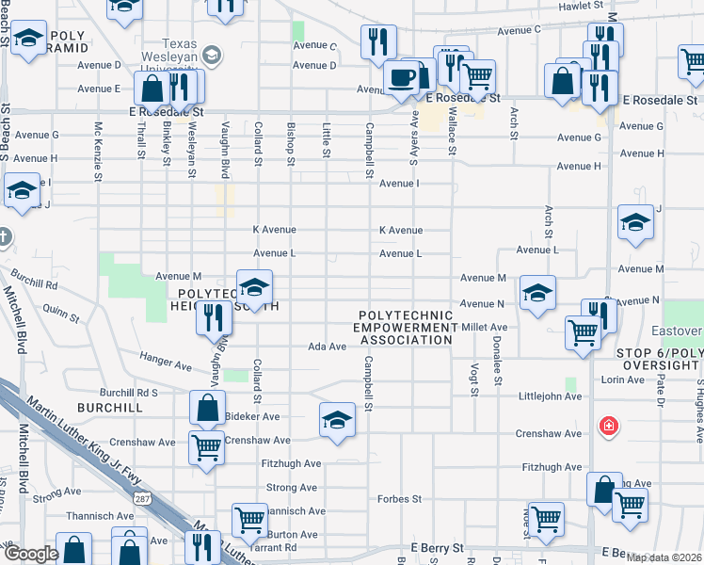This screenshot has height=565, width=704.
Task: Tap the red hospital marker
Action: pyautogui.click(x=610, y=428)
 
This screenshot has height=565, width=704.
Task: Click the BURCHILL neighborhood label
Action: pyautogui.click(x=111, y=408)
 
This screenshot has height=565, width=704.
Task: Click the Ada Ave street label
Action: pyautogui.click(x=328, y=347)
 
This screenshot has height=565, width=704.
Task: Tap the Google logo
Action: pyautogui.click(x=31, y=554)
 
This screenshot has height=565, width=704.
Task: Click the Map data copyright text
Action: pyautogui.click(x=664, y=557)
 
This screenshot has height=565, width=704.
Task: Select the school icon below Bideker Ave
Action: pyautogui.click(x=337, y=420)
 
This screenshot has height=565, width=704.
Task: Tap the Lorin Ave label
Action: pyautogui.click(x=623, y=379)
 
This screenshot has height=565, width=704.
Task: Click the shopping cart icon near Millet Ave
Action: pyautogui.click(x=583, y=331)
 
